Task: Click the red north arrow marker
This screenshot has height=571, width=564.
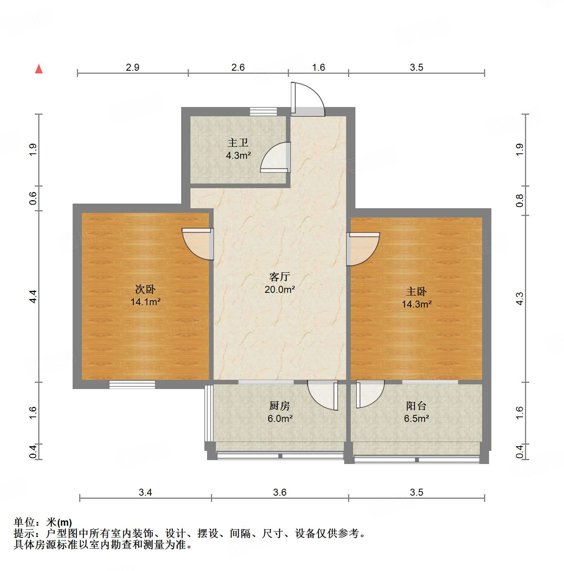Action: [39, 69]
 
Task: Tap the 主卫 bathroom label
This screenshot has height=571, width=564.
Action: [238, 143]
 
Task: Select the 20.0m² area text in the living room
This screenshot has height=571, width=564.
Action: [280, 289]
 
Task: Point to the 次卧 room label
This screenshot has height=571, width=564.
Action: [145, 289]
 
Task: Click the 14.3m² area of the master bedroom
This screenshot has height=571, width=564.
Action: [416, 304]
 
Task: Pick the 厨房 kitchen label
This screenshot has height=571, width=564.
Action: [279, 406]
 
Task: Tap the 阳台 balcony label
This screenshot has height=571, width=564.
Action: [416, 406]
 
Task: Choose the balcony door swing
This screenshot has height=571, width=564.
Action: [370, 393]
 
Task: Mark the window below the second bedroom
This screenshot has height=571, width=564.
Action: [132, 384]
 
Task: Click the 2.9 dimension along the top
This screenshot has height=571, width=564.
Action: [133, 67]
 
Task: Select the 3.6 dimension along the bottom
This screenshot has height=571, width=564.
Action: [280, 492]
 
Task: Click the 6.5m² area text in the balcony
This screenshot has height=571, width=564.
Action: [416, 418]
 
